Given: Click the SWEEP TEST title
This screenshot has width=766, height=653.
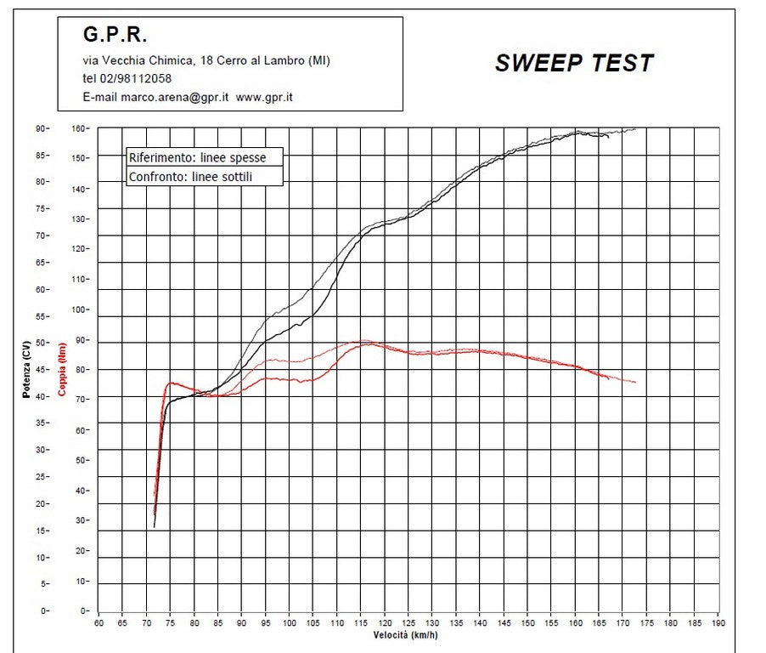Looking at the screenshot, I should point(574,63).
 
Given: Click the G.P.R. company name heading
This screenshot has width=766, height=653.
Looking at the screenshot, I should point(115,35).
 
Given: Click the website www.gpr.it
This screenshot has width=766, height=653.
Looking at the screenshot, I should point(264,97).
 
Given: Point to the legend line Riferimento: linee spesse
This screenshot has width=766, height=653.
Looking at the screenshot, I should point(197,157).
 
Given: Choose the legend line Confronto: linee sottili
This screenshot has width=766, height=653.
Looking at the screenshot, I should point(191,177).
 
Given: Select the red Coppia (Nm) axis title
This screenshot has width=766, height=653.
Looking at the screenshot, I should point(61,369).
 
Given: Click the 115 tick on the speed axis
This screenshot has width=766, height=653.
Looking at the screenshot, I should point(361,622).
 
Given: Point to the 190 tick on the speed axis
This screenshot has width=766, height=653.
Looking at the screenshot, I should point(718,622).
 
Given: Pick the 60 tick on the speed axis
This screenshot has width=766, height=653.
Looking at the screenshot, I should point(99,622).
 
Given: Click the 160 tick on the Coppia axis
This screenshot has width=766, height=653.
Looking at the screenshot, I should point(79,128).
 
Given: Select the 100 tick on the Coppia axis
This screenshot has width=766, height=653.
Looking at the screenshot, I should point(79,309).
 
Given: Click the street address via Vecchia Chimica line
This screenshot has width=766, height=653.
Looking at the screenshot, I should point(206,60).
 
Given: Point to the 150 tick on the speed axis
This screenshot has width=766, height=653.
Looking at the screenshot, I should point(527,622).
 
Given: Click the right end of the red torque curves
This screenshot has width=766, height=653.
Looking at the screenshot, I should point(634,383).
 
